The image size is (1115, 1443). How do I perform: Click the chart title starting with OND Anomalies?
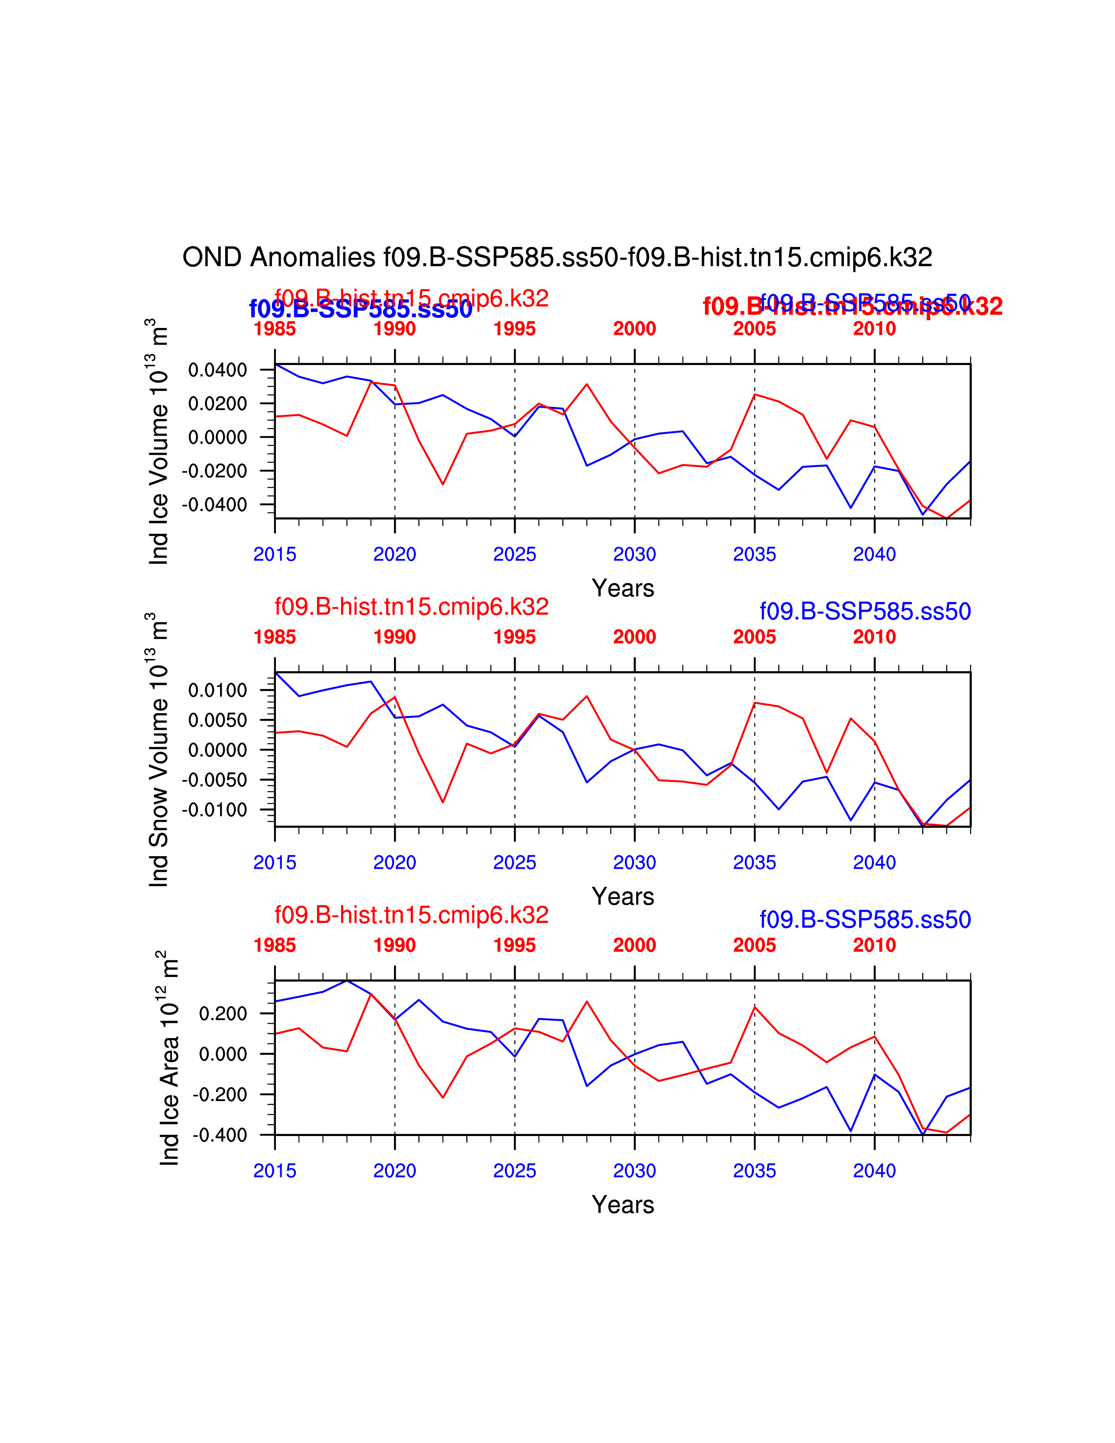(x=557, y=257)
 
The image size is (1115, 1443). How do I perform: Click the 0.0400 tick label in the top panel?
(x=217, y=370)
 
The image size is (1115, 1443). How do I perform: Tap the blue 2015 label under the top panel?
(x=275, y=554)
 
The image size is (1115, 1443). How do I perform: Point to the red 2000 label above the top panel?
(x=634, y=328)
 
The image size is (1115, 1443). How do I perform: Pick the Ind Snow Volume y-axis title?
(x=159, y=750)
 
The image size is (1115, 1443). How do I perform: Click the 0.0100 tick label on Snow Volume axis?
(x=217, y=690)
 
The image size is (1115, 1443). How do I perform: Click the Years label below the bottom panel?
(x=623, y=1205)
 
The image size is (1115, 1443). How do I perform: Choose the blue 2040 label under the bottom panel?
(x=874, y=1171)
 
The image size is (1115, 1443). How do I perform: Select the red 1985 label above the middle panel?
(x=275, y=637)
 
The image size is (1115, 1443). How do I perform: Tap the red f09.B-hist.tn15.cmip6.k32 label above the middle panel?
(x=411, y=606)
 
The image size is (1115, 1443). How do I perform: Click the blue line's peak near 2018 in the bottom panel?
(x=347, y=980)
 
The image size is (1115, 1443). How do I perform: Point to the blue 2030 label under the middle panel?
(x=634, y=862)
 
